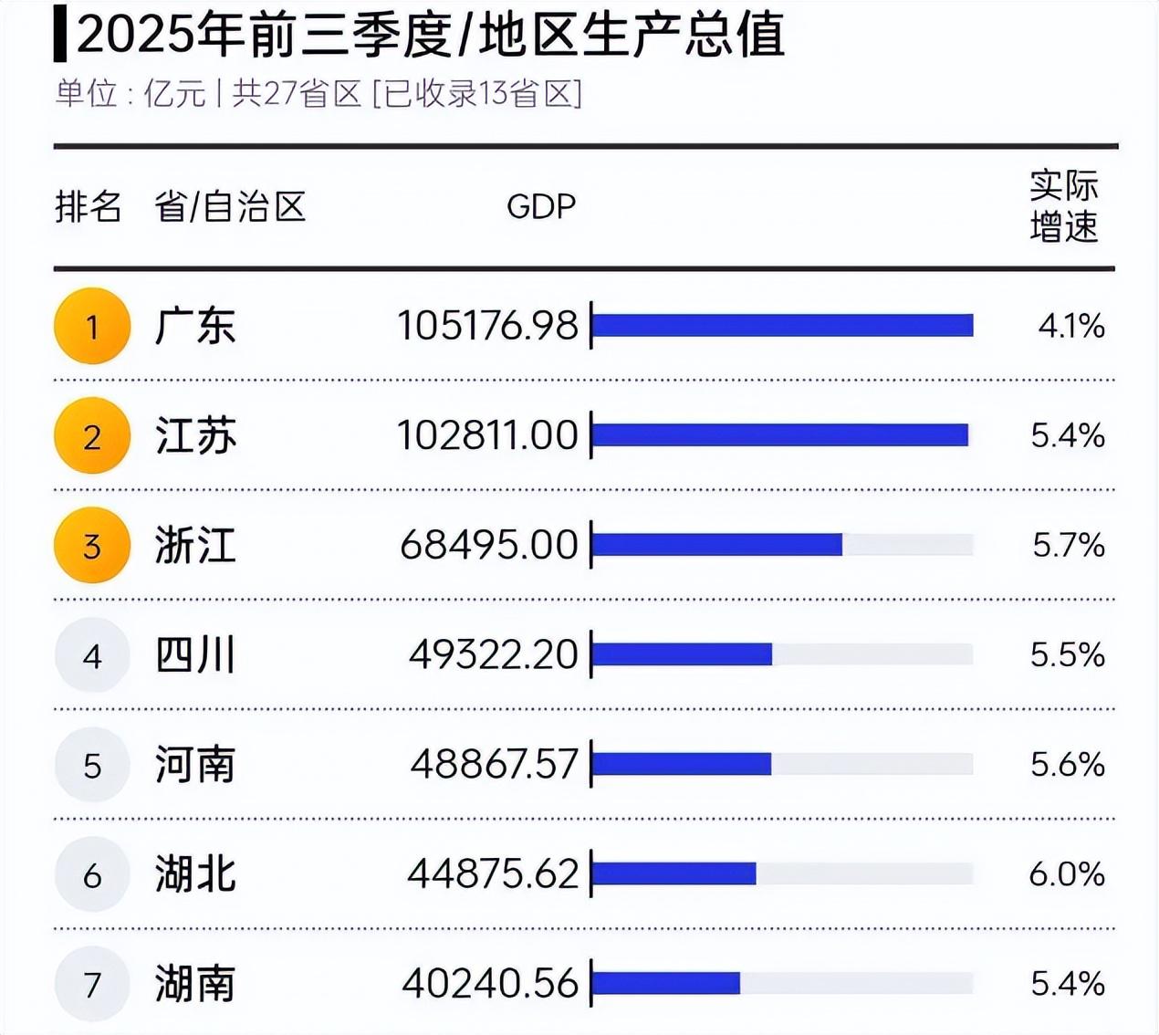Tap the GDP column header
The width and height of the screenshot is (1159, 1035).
(x=541, y=206)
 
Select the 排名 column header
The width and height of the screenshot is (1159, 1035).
(x=88, y=206)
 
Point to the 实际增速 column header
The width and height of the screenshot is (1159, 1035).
(x=1064, y=206)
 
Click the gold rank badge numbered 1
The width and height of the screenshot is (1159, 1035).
(x=92, y=326)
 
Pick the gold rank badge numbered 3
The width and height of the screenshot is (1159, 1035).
(x=92, y=545)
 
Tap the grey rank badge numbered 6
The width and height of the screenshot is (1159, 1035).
(x=92, y=874)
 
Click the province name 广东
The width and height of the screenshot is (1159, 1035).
(x=195, y=326)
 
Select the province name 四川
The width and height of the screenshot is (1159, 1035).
(x=195, y=655)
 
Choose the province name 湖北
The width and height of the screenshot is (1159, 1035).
(x=195, y=874)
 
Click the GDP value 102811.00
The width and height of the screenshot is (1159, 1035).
(x=487, y=435)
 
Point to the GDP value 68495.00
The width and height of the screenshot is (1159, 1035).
(x=489, y=545)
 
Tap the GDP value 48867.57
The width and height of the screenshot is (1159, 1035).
(x=494, y=764)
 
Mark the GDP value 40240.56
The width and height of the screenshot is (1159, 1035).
(x=490, y=984)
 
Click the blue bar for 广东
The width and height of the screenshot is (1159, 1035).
(x=783, y=326)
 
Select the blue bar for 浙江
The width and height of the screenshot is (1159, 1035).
(x=717, y=545)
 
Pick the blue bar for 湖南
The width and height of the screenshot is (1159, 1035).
(x=666, y=983)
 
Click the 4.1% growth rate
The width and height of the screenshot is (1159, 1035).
(x=1071, y=326)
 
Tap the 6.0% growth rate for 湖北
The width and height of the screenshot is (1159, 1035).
(x=1067, y=874)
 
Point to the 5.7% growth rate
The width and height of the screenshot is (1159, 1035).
(x=1069, y=545)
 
